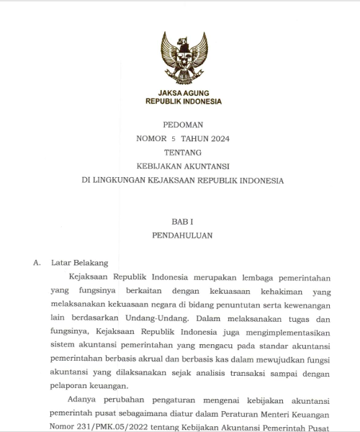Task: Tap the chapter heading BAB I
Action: [x=183, y=222]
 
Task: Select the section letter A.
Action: [x=37, y=264]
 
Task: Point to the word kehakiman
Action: [x=264, y=291]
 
